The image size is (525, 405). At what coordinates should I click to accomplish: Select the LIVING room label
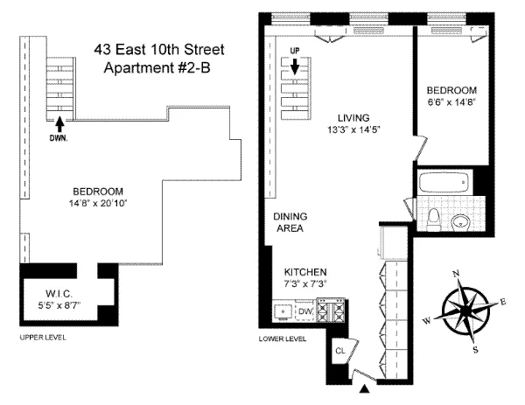pos(353,118)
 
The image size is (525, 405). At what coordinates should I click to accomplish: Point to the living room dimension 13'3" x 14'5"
pos(353,130)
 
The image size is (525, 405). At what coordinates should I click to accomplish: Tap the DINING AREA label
pos(288,222)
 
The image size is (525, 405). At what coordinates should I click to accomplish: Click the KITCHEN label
pos(298,272)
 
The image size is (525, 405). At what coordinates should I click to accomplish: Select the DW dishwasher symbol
pos(304,311)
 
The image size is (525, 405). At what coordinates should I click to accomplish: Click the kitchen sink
pos(283,311)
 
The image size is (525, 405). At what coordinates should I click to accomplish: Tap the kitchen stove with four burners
pos(330,310)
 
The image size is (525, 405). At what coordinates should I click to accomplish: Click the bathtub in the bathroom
pos(445,185)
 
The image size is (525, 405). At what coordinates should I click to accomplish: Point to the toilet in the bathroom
pos(436,218)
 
